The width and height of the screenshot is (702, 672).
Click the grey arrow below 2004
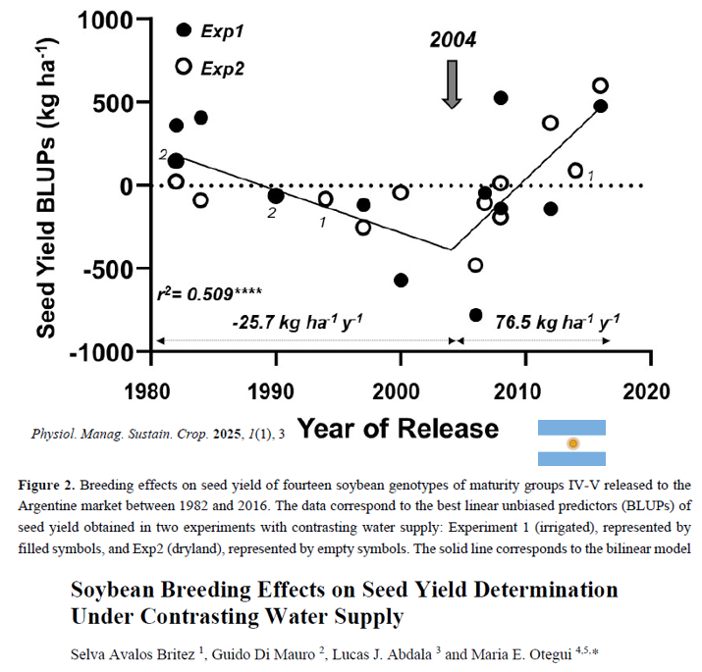[453, 84]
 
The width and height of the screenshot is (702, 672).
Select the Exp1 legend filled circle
[184, 30]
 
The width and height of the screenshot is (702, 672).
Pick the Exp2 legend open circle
[184, 67]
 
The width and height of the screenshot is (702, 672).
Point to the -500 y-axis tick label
[108, 270]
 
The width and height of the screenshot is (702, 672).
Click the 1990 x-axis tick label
[271, 391]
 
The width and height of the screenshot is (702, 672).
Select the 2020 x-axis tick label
[646, 391]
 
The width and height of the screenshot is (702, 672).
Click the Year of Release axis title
[398, 428]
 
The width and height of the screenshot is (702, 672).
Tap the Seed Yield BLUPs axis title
[46, 188]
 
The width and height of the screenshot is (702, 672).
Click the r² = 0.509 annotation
[209, 293]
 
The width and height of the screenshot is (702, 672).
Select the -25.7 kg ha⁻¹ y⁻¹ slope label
[297, 322]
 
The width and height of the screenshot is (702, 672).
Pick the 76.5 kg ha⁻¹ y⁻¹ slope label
[558, 322]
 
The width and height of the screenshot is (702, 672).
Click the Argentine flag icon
[571, 442]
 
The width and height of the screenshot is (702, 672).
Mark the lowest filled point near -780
[475, 315]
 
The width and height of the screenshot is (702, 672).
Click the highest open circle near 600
[600, 85]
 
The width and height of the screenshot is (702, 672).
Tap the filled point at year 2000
[401, 281]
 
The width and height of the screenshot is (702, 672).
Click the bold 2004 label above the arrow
[453, 39]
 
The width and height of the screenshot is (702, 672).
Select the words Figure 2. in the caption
[47, 485]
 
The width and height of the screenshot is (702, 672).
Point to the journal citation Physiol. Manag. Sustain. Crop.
[120, 434]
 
